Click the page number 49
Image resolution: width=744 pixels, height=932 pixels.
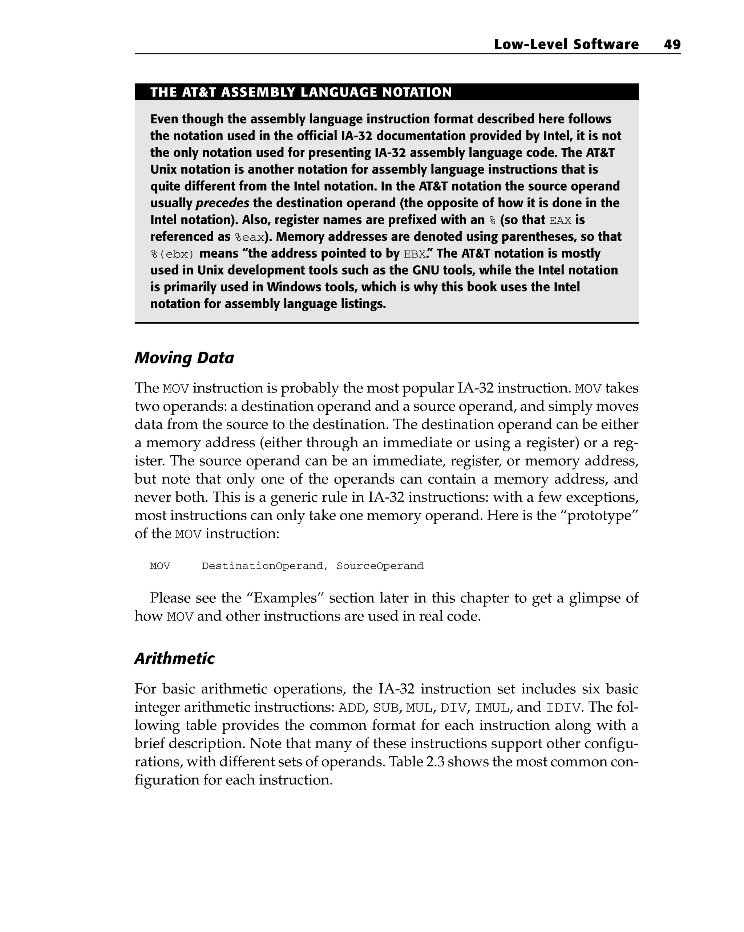point(672,45)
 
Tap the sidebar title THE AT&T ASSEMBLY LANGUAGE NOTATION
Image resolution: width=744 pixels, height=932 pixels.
point(301,92)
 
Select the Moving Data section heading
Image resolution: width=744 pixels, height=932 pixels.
point(184,358)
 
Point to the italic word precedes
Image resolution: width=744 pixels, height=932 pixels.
point(222,203)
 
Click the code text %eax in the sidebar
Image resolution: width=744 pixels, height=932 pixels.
point(249,237)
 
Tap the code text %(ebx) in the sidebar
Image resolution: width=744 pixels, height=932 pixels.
point(172,254)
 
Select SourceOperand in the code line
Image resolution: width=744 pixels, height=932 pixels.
point(380,566)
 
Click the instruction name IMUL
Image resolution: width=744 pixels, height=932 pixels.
point(492,708)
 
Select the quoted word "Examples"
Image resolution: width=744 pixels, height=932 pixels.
point(286,598)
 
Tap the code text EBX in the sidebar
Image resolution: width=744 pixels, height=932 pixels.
point(414,254)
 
